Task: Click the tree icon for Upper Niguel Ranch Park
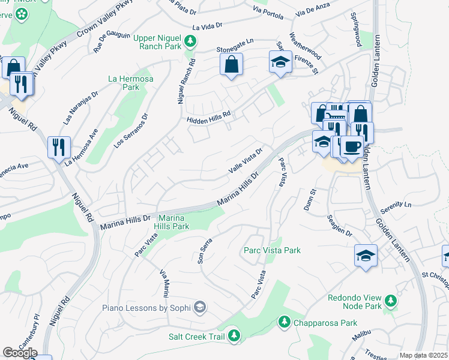190,41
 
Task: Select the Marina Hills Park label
173,222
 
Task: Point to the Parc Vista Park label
272,250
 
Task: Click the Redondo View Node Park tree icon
390,299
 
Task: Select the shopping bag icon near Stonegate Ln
231,64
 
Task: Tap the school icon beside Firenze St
279,62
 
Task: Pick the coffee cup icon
352,146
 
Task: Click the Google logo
20,353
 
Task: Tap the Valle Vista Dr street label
246,161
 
